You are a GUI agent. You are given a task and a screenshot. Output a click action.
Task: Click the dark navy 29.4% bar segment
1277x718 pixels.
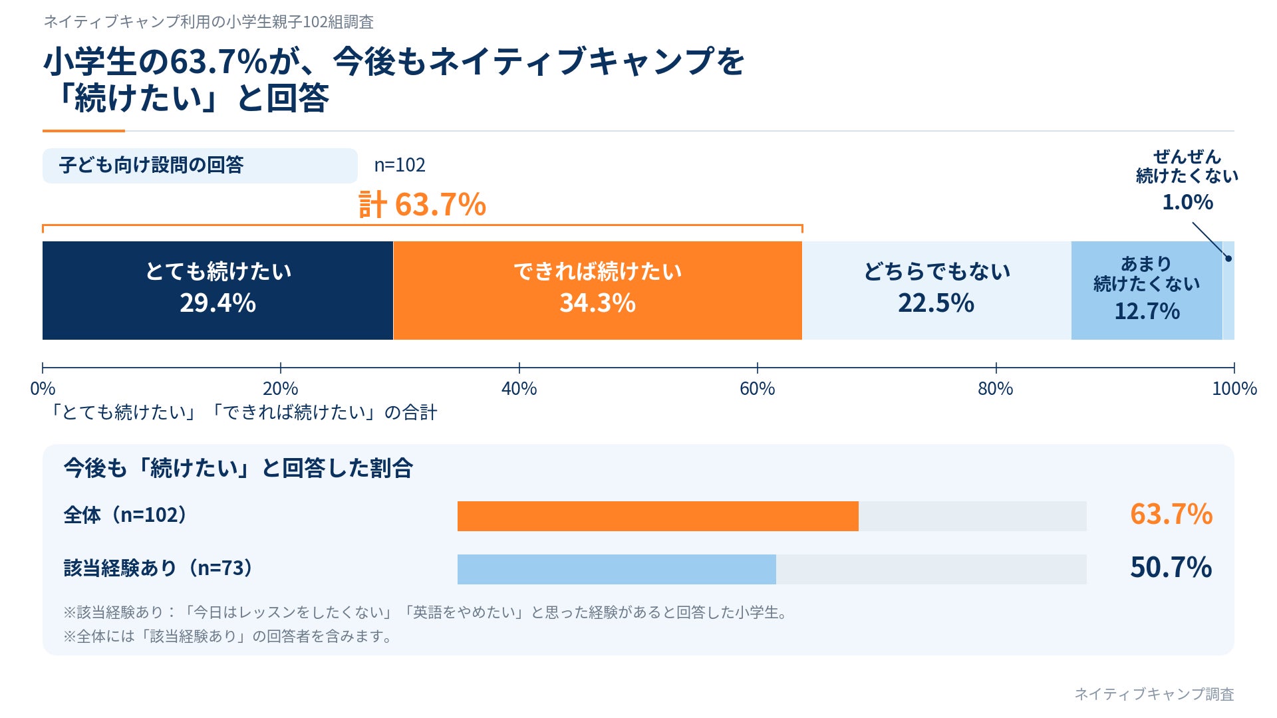coord(217,291)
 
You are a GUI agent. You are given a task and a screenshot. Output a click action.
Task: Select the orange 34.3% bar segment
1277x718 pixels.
coord(597,291)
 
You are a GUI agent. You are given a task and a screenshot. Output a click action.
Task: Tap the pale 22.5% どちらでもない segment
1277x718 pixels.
coord(936,291)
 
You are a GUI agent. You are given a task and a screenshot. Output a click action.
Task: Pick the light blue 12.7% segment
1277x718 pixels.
coord(1147,291)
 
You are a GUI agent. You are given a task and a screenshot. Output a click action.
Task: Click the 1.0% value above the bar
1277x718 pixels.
coord(1188,202)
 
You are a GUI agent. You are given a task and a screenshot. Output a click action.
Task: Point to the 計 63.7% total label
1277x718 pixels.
coord(422,204)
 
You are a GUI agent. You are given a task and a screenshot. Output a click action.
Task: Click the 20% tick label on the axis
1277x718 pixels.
coord(281,389)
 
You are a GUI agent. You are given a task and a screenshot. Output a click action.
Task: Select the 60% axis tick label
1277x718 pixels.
coord(757,389)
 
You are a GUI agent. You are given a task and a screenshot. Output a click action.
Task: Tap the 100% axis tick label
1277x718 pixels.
coord(1234,389)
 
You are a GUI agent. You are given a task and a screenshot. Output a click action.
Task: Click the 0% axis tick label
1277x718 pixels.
coord(43,389)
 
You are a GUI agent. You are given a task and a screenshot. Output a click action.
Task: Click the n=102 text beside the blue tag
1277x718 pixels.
coord(400,165)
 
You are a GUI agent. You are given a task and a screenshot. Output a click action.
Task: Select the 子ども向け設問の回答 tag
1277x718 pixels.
coord(200,166)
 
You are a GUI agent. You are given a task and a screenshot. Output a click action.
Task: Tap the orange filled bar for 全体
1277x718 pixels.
coord(658,516)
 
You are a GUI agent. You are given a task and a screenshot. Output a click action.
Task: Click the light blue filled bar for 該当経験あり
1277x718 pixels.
coord(617,569)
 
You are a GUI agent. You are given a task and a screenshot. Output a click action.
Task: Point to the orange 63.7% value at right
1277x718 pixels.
coord(1171,515)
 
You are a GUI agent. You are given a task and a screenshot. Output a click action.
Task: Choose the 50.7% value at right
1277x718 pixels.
coord(1171,568)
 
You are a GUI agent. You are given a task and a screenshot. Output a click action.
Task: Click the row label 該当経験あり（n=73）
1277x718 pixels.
coord(159,568)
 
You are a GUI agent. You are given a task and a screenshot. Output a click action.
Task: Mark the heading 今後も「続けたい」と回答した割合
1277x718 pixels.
coord(238,469)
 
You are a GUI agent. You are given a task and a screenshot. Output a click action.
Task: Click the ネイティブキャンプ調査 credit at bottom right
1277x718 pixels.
coord(1154,694)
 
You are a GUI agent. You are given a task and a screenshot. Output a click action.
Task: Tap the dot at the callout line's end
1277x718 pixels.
coord(1228,259)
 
